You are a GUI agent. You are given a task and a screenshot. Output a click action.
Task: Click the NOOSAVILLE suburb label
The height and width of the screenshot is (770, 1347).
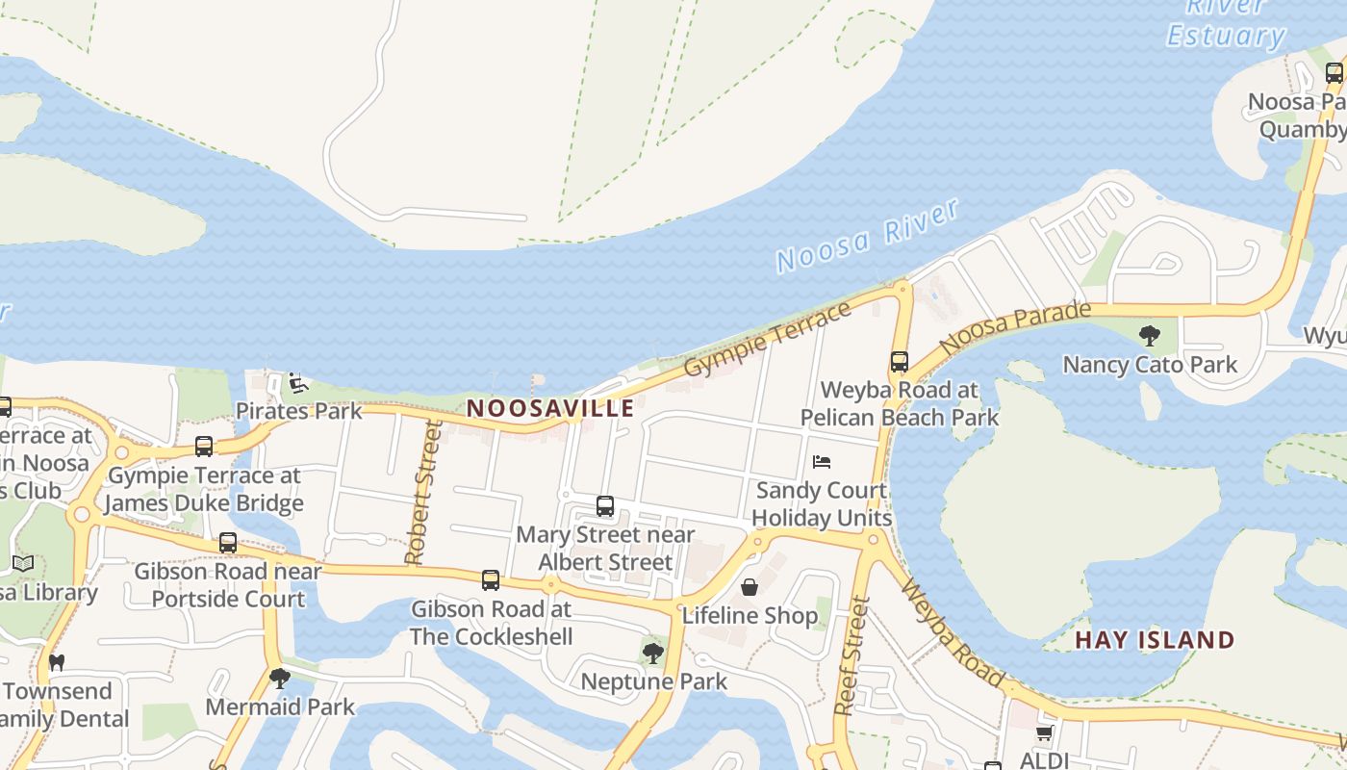[x=550, y=408]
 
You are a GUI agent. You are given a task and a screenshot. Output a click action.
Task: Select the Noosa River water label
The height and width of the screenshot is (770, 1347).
[x=868, y=236]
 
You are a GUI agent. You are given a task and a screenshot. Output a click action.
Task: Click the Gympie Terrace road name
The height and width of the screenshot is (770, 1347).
[x=768, y=340]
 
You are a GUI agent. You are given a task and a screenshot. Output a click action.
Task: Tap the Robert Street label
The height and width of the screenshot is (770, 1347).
[x=423, y=493]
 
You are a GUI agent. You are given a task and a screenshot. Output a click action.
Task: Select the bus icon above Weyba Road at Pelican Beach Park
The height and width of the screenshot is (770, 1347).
[x=900, y=362]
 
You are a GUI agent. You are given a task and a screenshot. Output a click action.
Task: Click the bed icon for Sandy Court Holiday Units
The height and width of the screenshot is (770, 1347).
[x=821, y=462]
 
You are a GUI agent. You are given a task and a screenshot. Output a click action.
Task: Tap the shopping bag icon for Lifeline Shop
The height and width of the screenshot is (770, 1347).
[x=750, y=586]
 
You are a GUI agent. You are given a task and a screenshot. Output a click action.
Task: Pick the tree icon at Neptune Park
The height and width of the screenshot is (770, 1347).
[x=653, y=654]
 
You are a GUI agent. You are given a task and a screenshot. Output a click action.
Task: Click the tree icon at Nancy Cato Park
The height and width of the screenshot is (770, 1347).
[x=1149, y=336]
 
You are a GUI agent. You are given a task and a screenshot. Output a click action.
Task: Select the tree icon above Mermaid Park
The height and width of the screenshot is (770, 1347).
[x=280, y=679]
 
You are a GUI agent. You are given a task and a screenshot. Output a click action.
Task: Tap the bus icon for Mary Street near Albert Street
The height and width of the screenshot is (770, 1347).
[x=605, y=506]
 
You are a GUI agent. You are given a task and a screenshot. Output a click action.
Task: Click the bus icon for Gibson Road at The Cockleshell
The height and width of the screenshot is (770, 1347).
[x=491, y=580]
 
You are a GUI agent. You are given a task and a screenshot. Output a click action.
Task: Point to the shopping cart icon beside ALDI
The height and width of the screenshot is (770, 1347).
[x=1044, y=733]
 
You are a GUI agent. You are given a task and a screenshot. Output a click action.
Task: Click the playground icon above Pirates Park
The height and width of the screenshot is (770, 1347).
[x=298, y=384]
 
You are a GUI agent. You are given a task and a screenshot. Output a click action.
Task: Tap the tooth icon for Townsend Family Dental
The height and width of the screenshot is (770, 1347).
[x=57, y=662]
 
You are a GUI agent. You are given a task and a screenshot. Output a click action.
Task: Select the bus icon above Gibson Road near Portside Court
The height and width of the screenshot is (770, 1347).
[x=228, y=543]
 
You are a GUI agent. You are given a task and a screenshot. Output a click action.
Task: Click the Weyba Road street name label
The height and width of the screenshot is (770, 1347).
[x=953, y=636]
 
